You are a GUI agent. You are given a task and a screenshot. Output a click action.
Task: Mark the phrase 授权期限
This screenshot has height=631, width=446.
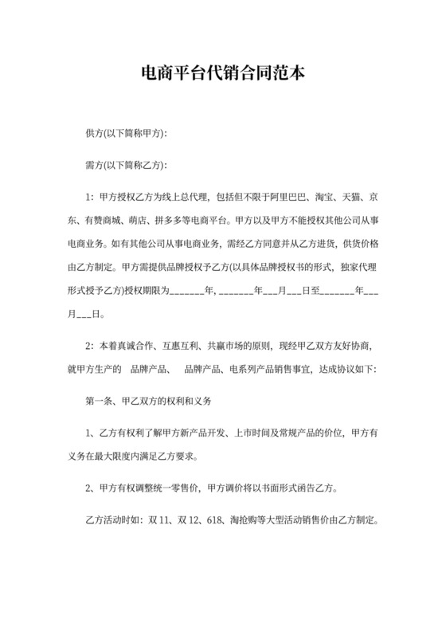point(149,291)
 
